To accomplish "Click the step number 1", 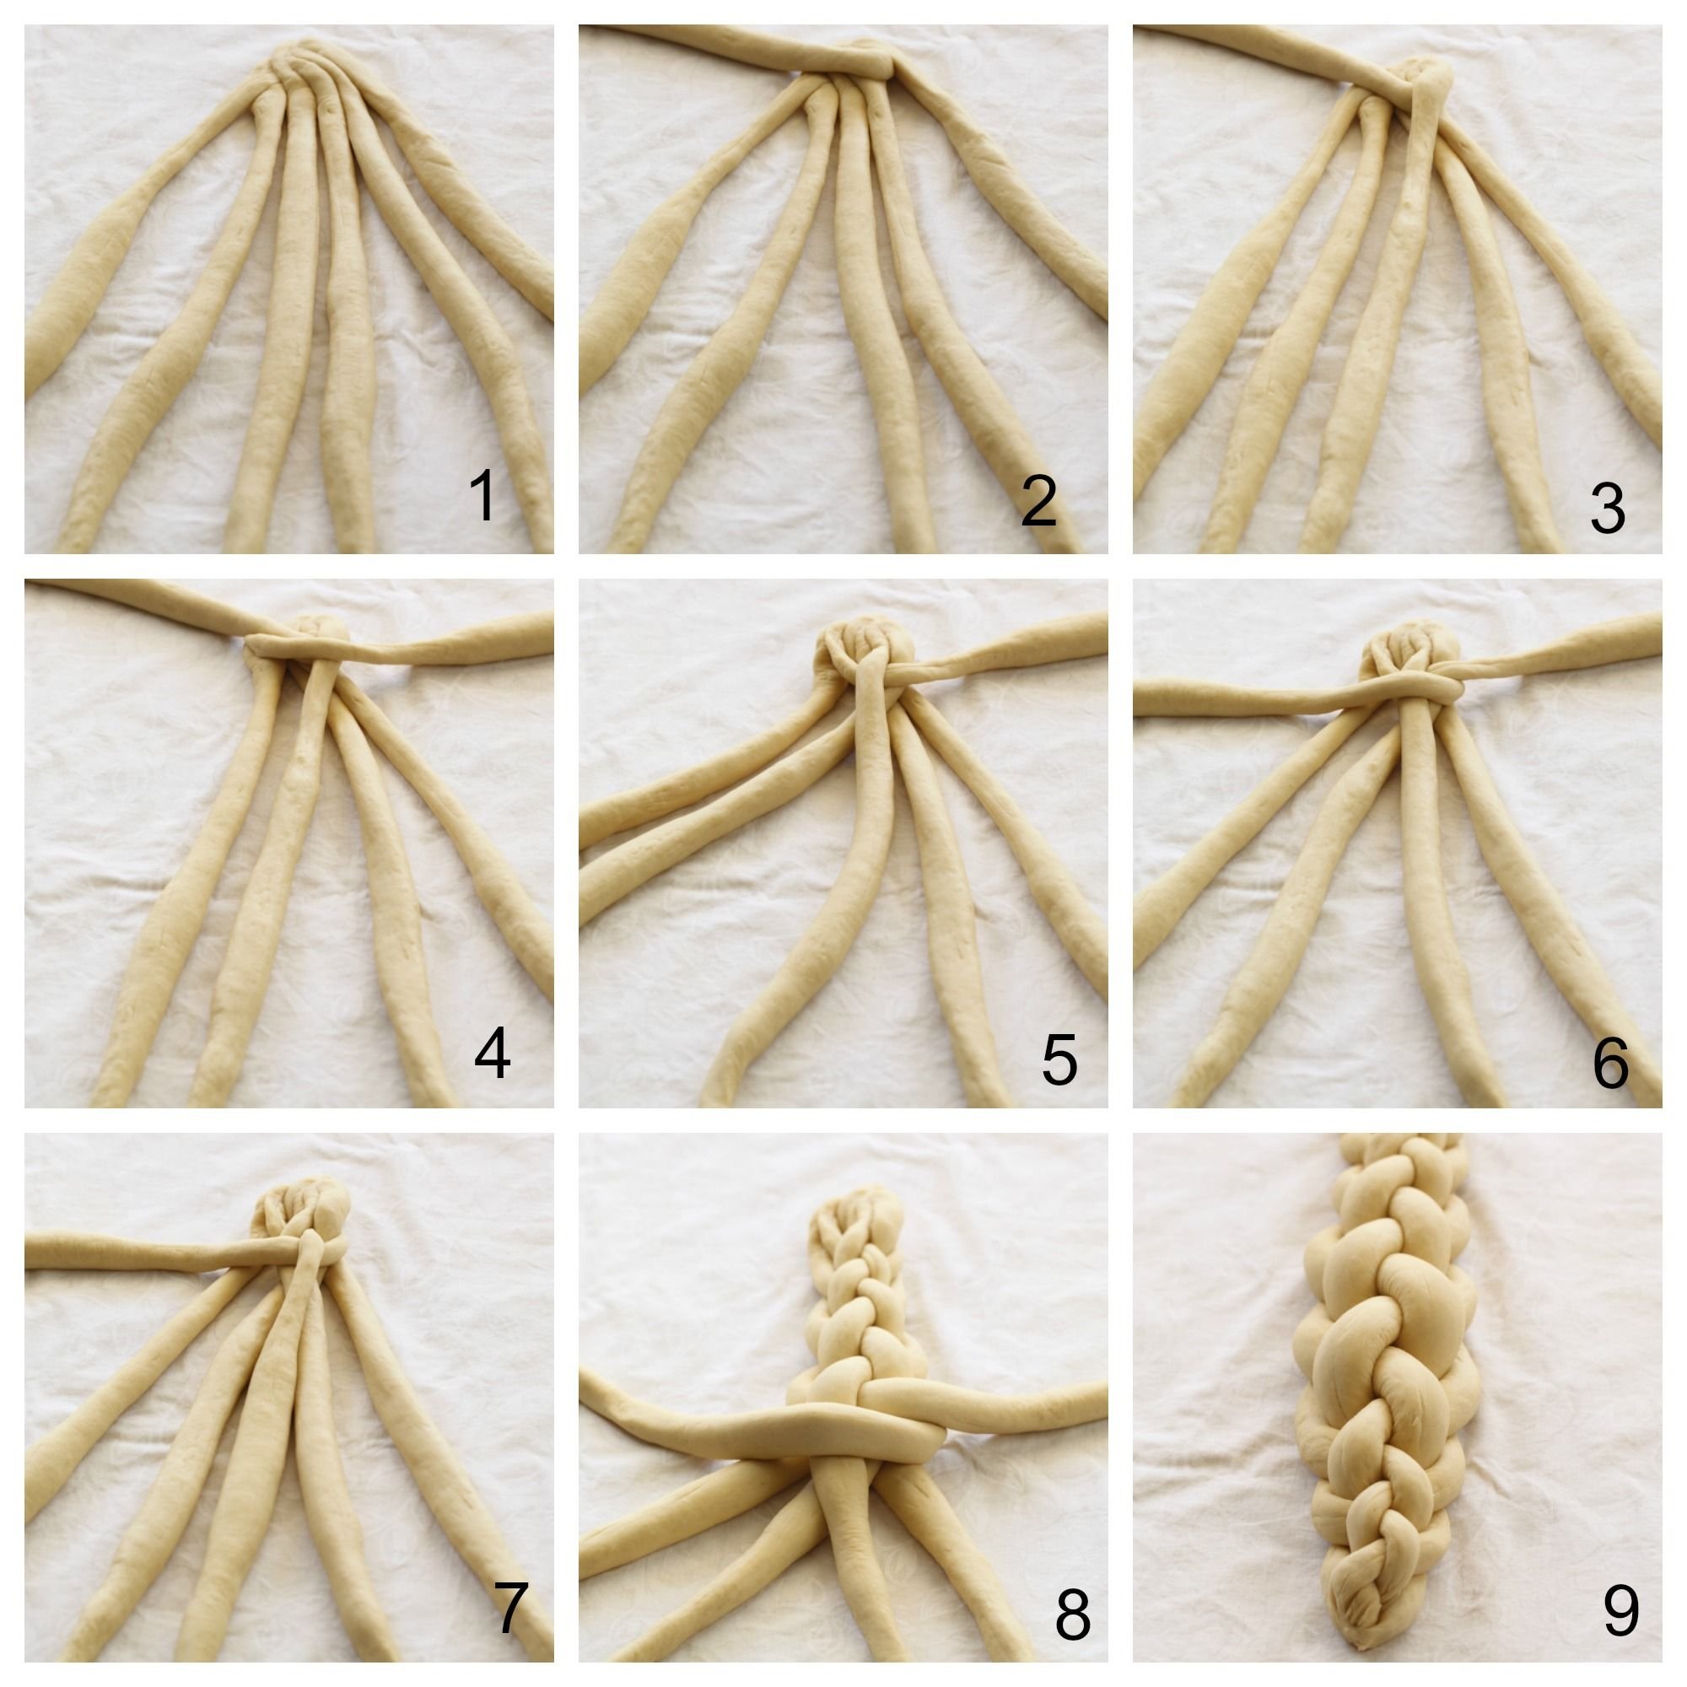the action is click(482, 494).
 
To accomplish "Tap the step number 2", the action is click(1038, 501).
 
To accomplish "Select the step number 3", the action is click(1607, 508).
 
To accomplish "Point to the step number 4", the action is click(492, 1053).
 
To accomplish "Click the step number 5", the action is click(1059, 1061).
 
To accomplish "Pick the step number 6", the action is click(1610, 1063).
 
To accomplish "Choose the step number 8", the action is click(1072, 1614).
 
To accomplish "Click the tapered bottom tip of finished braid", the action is click(1368, 1641).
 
